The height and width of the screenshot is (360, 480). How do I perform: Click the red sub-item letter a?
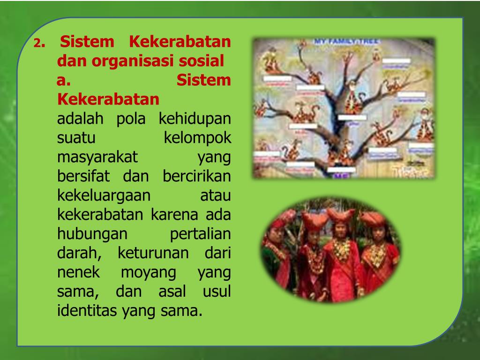(x=63, y=81)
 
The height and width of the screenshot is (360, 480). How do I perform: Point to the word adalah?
(x=80, y=119)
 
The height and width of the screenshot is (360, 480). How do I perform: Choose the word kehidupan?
(x=195, y=119)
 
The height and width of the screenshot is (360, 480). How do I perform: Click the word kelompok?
(x=197, y=138)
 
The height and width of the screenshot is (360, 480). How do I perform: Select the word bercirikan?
(x=197, y=177)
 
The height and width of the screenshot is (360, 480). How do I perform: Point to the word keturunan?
(x=153, y=254)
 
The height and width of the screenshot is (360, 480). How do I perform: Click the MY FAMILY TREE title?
(x=346, y=42)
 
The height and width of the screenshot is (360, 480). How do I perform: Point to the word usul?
(x=217, y=292)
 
